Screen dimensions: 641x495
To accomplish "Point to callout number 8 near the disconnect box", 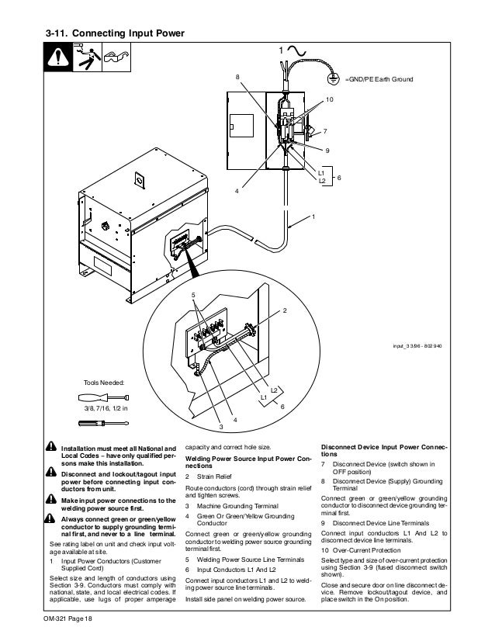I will coord(238,78).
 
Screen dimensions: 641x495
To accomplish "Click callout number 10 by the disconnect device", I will coord(329,102).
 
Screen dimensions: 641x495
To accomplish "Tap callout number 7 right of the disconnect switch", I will coord(325,131).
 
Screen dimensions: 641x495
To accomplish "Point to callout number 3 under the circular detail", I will coord(220,427).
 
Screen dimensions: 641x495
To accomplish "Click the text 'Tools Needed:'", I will coord(102,383).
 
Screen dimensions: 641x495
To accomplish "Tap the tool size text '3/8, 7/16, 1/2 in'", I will coord(106,407).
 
